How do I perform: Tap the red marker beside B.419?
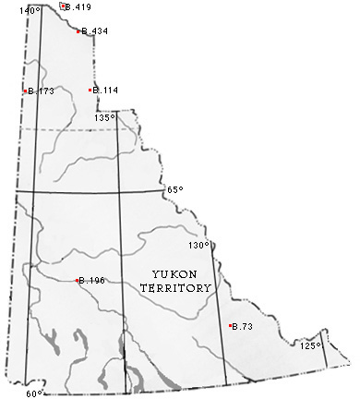63,6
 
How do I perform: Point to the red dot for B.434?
78,30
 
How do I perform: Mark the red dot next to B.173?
25,91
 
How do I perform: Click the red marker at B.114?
90,90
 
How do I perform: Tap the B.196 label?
93,281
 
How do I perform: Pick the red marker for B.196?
77,280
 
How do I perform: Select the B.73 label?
244,327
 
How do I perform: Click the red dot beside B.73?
230,325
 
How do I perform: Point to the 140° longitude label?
31,10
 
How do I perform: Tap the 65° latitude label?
175,189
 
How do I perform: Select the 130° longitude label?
199,246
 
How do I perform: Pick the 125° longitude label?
311,345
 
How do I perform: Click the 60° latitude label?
34,393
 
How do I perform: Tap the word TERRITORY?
175,288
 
